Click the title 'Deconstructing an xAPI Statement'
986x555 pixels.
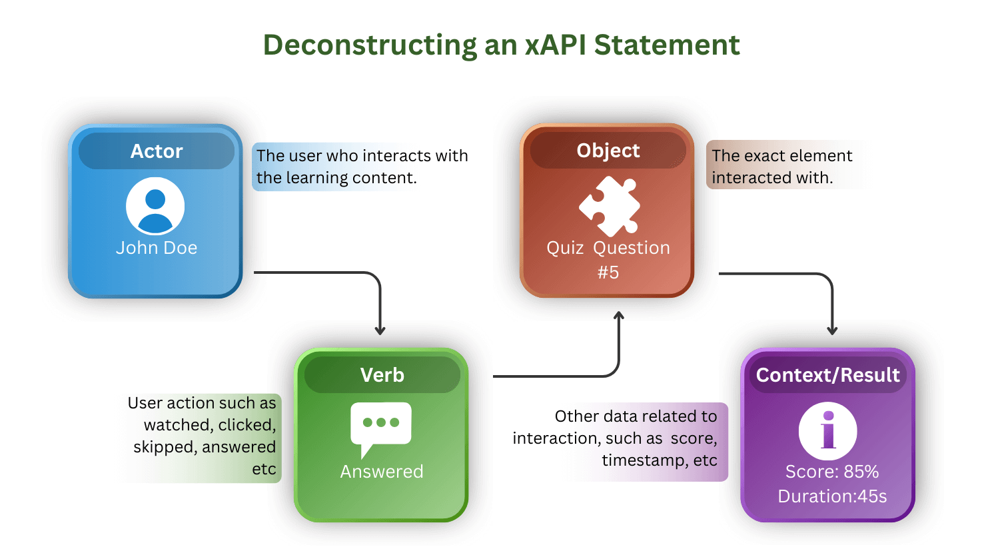click(x=501, y=45)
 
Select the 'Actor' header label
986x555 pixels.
click(x=156, y=151)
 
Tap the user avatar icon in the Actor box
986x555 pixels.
click(x=155, y=207)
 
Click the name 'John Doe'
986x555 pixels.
click(x=157, y=248)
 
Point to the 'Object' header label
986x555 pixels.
click(x=608, y=151)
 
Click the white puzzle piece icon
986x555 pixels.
click(x=609, y=207)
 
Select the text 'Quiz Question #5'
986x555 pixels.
click(x=608, y=259)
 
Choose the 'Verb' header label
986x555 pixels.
click(x=382, y=375)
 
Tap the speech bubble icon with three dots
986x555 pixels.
click(x=380, y=427)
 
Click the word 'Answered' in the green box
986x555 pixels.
click(x=382, y=472)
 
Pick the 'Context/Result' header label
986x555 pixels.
click(x=827, y=375)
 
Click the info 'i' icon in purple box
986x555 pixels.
click(x=827, y=431)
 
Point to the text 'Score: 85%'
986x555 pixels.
click(x=831, y=472)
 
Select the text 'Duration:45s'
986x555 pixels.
click(x=832, y=496)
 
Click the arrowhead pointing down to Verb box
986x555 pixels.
click(x=380, y=330)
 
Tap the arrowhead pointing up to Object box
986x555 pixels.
click(x=619, y=316)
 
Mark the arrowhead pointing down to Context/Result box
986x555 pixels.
click(x=832, y=330)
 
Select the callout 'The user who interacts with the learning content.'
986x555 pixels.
click(x=362, y=167)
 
